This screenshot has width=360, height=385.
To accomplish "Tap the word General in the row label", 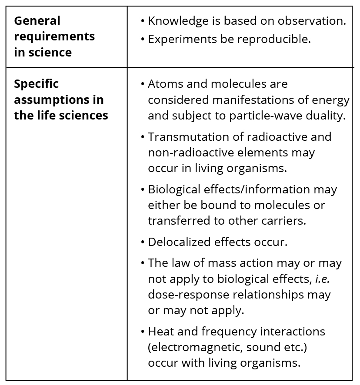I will coord(37,21).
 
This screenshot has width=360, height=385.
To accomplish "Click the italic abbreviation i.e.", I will coord(321,279).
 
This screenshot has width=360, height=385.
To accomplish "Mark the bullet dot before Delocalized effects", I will coord(143,242).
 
